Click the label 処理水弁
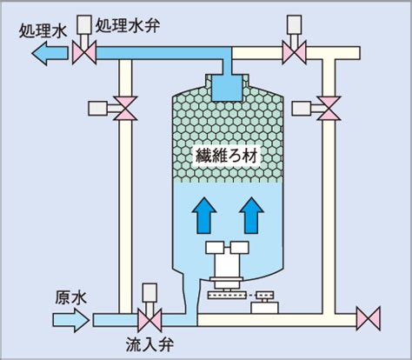tap(128, 26)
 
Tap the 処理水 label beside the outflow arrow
tap(43, 31)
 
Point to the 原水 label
tap(70, 297)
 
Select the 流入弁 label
tap(150, 345)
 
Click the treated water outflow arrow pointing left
tap(50, 53)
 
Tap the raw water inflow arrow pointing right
tap(71, 320)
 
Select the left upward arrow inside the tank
tap(204, 216)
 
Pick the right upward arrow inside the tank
tap(251, 216)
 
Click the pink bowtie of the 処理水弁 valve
tap(84, 53)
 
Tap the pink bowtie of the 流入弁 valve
tap(150, 320)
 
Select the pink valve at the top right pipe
tap(294, 53)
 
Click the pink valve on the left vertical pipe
tap(125, 109)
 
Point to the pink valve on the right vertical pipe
tap(329, 109)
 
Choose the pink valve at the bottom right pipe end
tap(369, 318)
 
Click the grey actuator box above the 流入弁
tap(150, 293)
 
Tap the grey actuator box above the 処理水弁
tap(84, 24)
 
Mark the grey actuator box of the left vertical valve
tap(98, 109)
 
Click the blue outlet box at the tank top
tap(227, 88)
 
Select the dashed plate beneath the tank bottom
tap(227, 296)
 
